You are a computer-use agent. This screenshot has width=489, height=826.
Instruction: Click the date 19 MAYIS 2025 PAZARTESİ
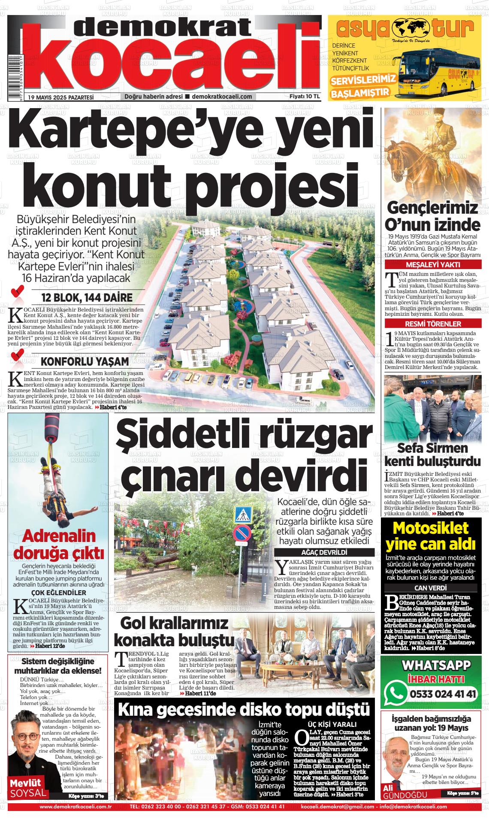[60, 97]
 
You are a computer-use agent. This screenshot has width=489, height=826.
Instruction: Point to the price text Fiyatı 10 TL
[305, 97]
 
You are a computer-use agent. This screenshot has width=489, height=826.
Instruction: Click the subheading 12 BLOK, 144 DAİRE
[87, 297]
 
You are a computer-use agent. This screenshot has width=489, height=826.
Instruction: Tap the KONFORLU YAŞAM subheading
[85, 360]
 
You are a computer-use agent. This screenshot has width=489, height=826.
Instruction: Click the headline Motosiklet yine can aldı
[431, 536]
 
